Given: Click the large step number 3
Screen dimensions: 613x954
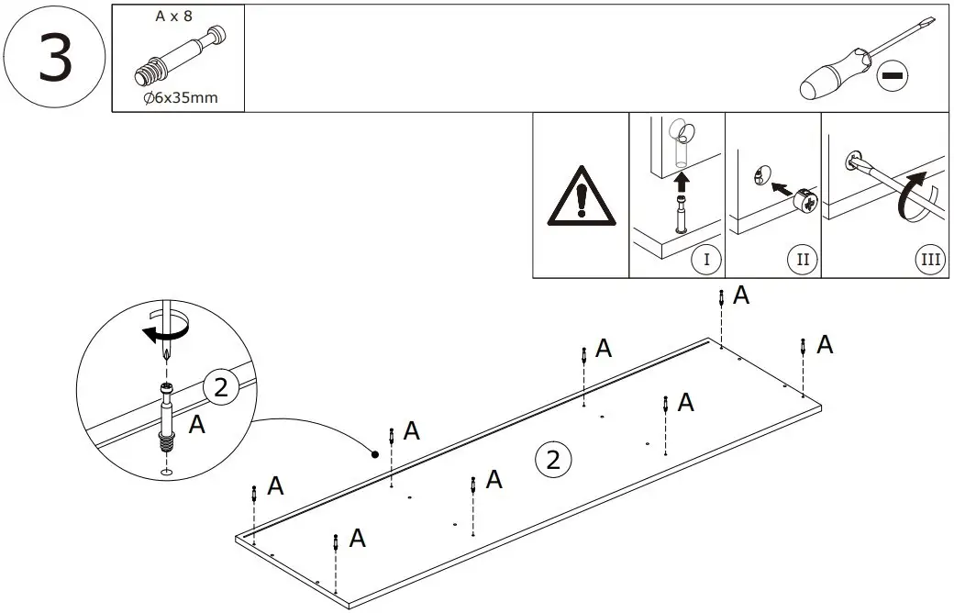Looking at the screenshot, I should point(54,58).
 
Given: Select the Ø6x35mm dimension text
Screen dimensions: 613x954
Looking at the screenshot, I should point(181,97).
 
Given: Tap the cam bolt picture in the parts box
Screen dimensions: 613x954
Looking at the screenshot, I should point(178,56).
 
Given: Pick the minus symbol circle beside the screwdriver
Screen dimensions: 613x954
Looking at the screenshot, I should point(891,76).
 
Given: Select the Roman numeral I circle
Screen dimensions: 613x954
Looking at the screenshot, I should point(705,260).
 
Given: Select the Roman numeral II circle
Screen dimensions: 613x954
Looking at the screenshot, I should point(802,260).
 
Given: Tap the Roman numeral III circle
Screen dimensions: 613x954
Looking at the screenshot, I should point(930,260).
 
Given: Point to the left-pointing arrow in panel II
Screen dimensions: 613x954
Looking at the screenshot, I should point(780,188).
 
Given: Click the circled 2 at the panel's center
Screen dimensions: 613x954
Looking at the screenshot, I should point(552,458).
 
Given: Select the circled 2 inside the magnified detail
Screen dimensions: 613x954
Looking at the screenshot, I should point(220,388).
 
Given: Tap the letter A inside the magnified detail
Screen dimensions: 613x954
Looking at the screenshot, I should point(196,425).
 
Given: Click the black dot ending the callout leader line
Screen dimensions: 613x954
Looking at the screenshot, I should point(374,453).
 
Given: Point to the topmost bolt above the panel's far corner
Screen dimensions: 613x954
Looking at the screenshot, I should point(723,298).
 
